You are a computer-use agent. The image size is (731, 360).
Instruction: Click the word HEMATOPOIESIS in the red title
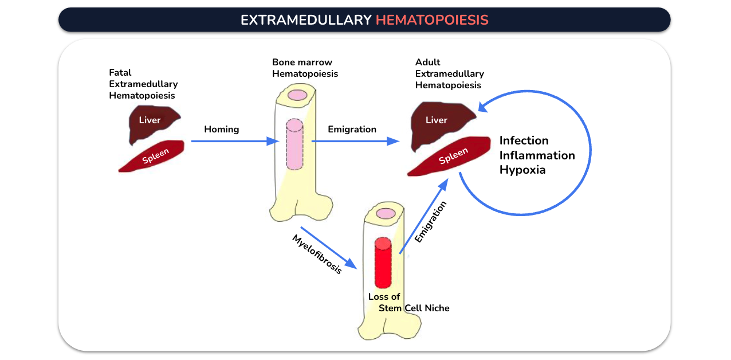[x=432, y=20]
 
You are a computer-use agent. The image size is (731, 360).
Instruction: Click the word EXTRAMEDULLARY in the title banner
[x=306, y=20]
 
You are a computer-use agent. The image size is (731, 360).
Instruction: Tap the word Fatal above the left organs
[x=120, y=72]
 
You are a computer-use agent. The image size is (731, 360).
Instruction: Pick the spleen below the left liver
[x=152, y=156]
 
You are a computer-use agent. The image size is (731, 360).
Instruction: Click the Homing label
[x=222, y=129]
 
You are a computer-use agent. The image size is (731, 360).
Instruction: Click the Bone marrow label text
[x=302, y=62]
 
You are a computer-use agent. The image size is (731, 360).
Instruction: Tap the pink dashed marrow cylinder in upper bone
[x=294, y=144]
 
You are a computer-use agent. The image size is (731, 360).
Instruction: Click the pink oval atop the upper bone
[x=297, y=95]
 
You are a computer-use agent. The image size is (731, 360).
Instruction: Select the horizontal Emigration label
[x=352, y=129]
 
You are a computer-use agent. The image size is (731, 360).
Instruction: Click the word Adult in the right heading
[x=427, y=62]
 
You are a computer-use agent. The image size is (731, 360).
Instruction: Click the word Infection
[x=524, y=140]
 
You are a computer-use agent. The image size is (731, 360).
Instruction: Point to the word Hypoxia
[x=522, y=170]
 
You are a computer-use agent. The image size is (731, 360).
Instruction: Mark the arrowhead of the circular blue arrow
[x=484, y=106]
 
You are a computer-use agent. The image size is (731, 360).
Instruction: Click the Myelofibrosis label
[x=317, y=254]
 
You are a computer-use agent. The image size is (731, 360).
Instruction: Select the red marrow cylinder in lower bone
[x=383, y=263]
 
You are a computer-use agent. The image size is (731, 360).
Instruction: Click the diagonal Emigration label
[x=430, y=222]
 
